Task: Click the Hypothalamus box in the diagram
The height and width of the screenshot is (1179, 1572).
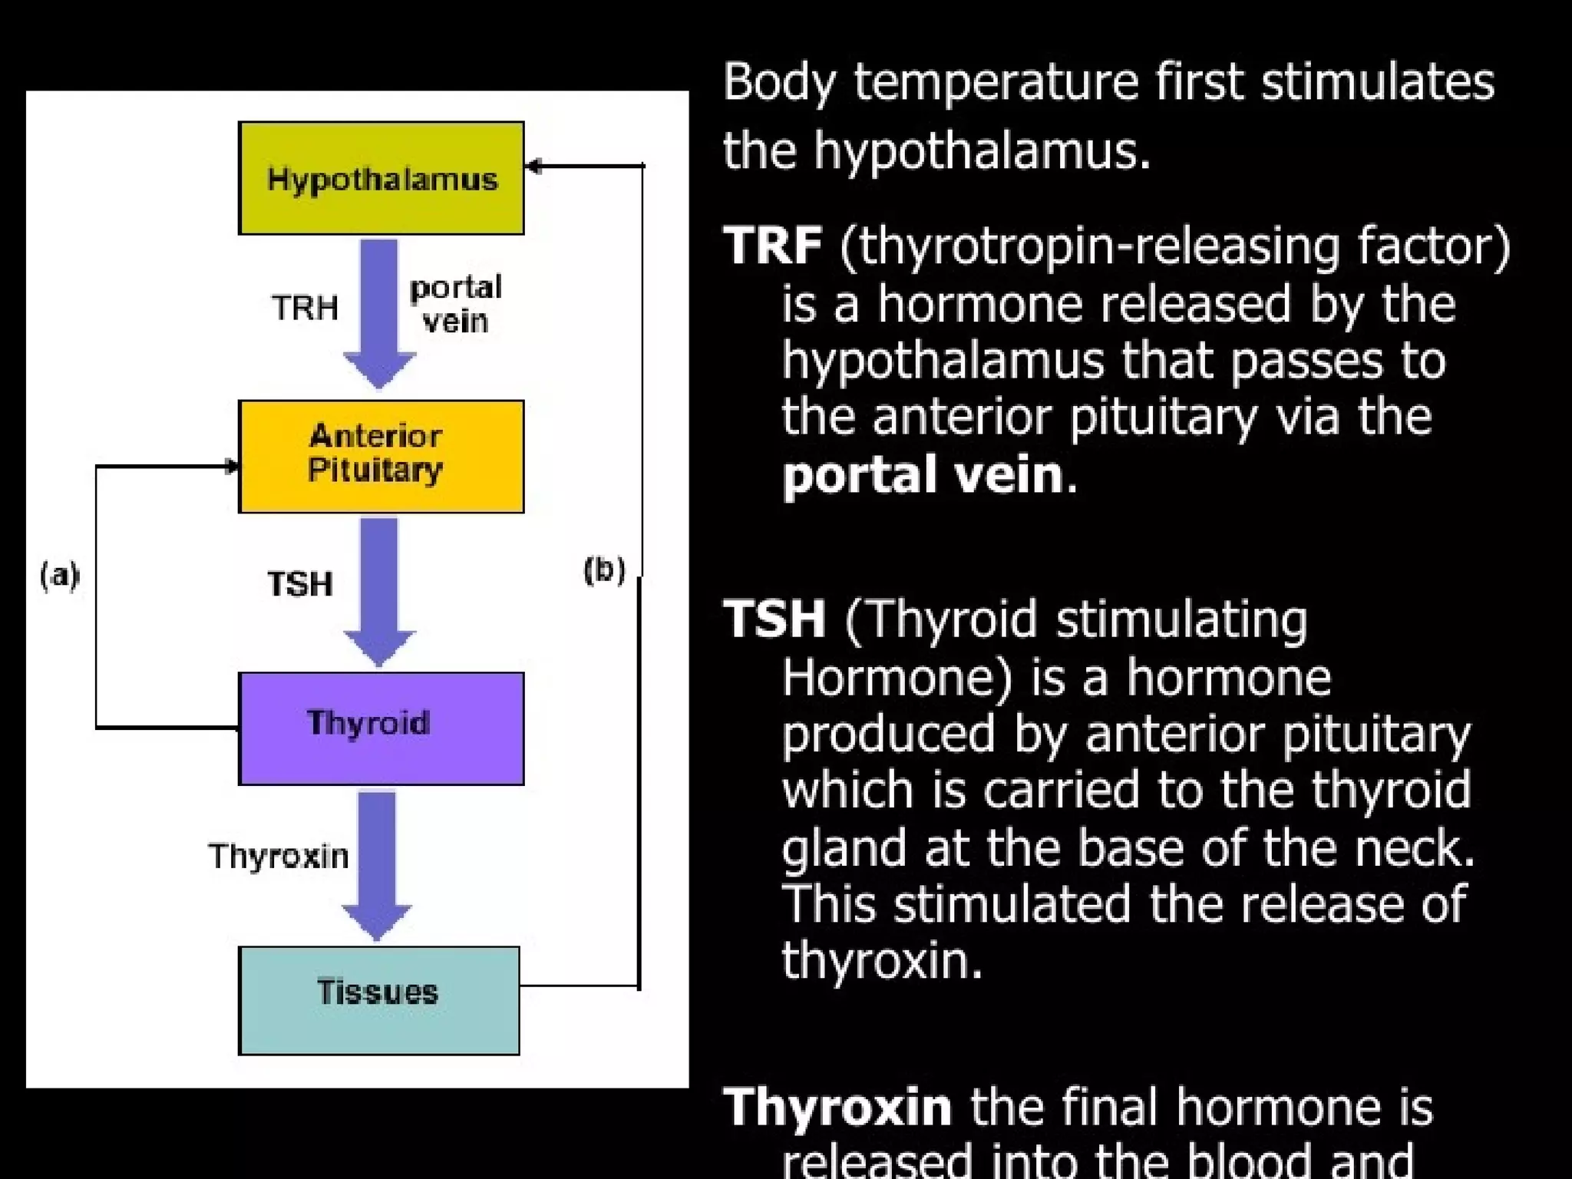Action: point(381,178)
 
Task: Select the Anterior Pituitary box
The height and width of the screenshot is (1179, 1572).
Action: point(381,456)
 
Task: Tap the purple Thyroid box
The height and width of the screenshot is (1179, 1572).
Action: point(381,728)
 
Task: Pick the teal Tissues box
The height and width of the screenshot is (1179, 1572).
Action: point(379,999)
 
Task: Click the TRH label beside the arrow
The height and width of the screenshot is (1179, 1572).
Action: point(305,309)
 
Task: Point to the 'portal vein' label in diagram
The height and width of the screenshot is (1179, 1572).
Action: point(455,304)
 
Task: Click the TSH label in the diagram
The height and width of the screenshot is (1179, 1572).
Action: point(300,584)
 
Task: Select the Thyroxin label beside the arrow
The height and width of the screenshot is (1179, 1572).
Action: point(279,856)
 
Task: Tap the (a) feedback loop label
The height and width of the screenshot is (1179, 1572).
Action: point(60,575)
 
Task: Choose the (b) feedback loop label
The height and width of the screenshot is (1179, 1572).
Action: point(604,570)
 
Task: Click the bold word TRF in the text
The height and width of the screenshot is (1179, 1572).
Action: point(773,246)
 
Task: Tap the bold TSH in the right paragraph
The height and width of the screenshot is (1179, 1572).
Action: point(774,619)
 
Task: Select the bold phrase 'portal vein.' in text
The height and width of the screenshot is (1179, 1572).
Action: point(929,474)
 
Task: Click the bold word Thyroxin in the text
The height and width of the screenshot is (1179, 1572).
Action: point(837,1107)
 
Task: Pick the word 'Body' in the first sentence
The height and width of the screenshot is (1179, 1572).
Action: point(778,83)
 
